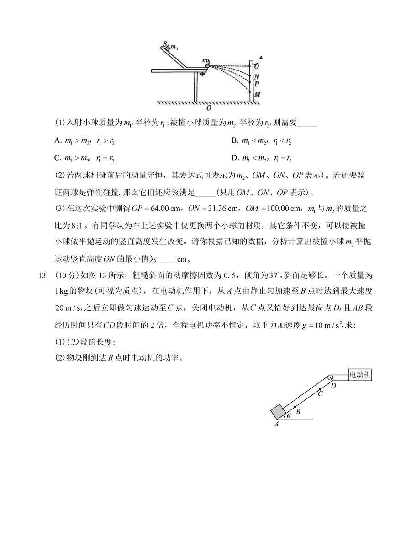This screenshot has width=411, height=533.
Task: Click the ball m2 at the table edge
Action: [x=207, y=66]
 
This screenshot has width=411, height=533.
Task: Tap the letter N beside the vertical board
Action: [x=257, y=77]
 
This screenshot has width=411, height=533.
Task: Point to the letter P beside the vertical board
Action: [x=257, y=85]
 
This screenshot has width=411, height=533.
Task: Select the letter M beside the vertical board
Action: [x=258, y=94]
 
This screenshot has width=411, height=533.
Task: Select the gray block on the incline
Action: [x=278, y=412]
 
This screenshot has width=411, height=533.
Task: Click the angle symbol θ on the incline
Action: [x=289, y=415]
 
